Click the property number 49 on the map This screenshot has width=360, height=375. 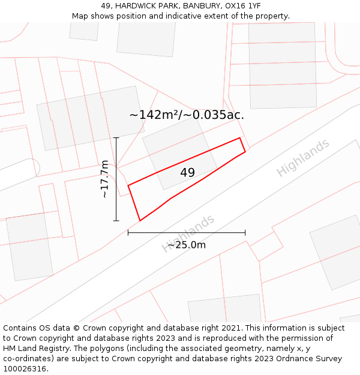click(187, 173)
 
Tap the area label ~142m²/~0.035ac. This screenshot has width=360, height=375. click(187, 115)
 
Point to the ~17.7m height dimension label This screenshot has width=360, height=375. click(104, 179)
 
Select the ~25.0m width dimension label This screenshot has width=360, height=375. click(186, 245)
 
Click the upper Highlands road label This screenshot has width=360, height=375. click(303, 158)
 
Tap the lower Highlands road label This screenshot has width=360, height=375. click(188, 233)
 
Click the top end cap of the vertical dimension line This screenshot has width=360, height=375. click(116, 138)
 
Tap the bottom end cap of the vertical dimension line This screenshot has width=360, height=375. click(116, 221)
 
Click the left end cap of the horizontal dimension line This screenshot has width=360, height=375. click(128, 233)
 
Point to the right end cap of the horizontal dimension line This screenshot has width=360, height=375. click(245, 233)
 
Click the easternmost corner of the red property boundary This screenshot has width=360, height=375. click(245, 152)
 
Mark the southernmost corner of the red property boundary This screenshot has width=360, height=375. click(140, 221)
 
